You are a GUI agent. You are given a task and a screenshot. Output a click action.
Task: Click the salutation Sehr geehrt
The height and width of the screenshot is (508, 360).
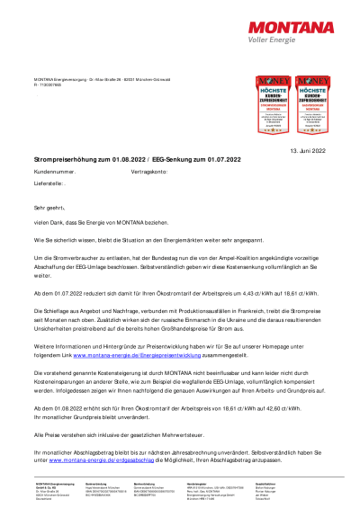(50, 207)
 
